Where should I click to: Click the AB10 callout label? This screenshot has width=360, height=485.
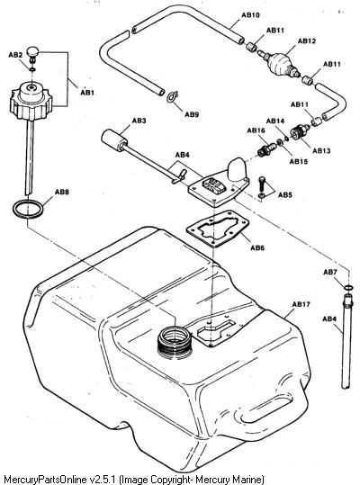click(x=250, y=14)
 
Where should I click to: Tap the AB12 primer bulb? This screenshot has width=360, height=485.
click(x=279, y=63)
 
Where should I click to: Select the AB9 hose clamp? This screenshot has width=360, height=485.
click(x=172, y=96)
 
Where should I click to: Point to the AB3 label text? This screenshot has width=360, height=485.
click(x=139, y=121)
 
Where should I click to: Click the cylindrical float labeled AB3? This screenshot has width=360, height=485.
click(x=113, y=140)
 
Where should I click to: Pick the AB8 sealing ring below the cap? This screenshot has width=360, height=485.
click(x=28, y=209)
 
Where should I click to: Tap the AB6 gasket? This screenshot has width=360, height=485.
click(x=218, y=229)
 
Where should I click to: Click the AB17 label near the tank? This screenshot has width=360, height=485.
click(x=301, y=304)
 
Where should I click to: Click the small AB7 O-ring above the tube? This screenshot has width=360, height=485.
click(x=348, y=288)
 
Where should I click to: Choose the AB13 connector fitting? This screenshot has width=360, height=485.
click(x=299, y=132)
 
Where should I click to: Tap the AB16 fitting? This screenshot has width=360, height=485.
click(x=266, y=148)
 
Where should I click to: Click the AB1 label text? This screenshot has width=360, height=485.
click(x=87, y=93)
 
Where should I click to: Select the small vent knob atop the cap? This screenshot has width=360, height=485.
click(x=32, y=52)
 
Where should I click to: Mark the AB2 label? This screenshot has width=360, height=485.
click(x=15, y=55)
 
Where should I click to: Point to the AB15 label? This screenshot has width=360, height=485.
click(x=299, y=161)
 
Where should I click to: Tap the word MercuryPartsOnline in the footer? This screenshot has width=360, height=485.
click(x=45, y=479)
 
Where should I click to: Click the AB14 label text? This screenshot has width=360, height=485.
click(x=275, y=121)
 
